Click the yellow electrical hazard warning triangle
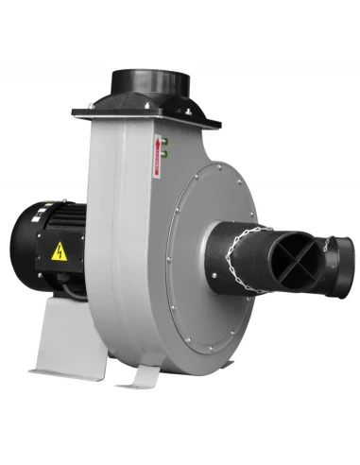point(59,251)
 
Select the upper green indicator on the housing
point(163,140)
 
